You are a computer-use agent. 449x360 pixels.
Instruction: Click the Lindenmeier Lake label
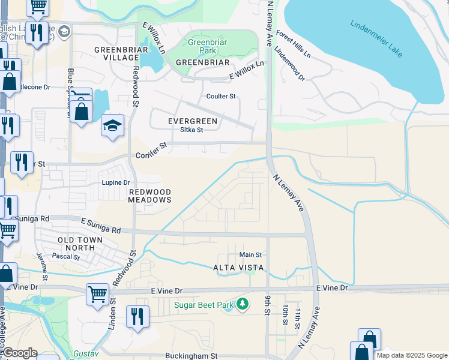376,39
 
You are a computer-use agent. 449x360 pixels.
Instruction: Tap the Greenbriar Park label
206,47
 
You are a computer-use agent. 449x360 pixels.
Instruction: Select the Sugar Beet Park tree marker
243,304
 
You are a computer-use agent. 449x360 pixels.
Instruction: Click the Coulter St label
221,96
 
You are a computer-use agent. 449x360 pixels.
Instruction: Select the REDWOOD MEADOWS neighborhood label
150,195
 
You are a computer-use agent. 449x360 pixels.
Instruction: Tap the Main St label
251,255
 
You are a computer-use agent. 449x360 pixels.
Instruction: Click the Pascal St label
66,257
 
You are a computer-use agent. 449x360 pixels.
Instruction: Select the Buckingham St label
191,355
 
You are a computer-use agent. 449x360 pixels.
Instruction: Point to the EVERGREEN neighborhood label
192,121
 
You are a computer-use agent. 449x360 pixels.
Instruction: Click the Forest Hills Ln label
294,44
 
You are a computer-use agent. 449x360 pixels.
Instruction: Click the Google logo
19,353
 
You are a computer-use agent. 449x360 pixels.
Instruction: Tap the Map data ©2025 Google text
411,355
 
